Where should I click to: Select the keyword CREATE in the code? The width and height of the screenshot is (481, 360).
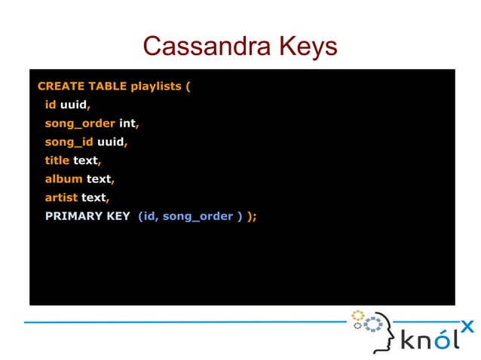pyautogui.click(x=59, y=86)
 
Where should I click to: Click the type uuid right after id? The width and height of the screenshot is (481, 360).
pyautogui.click(x=73, y=105)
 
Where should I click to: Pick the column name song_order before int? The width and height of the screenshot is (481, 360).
pyautogui.click(x=80, y=123)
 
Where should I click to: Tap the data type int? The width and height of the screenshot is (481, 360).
pyautogui.click(x=127, y=123)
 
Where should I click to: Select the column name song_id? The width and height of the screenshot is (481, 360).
pyautogui.click(x=69, y=142)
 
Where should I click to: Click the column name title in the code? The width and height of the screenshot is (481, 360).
pyautogui.click(x=57, y=160)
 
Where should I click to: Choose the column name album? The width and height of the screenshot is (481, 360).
pyautogui.click(x=63, y=179)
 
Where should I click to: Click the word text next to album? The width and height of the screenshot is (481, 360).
pyautogui.click(x=99, y=179)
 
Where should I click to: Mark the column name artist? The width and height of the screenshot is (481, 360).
pyautogui.click(x=61, y=197)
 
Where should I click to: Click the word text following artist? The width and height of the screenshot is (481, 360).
pyautogui.click(x=93, y=197)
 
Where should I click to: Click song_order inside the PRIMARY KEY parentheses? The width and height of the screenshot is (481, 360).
pyautogui.click(x=198, y=216)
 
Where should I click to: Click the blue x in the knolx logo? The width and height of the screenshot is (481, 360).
pyautogui.click(x=467, y=326)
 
